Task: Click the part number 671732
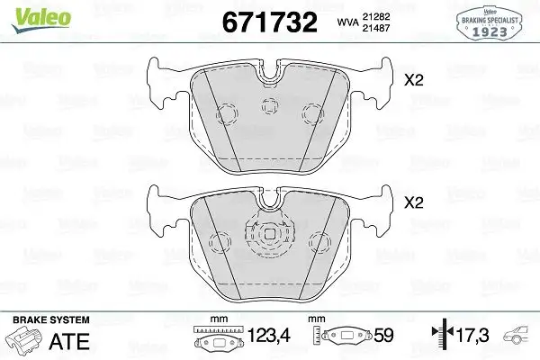[264, 22]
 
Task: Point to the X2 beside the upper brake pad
[414, 80]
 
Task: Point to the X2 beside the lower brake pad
[414, 202]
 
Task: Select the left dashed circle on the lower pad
[219, 241]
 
